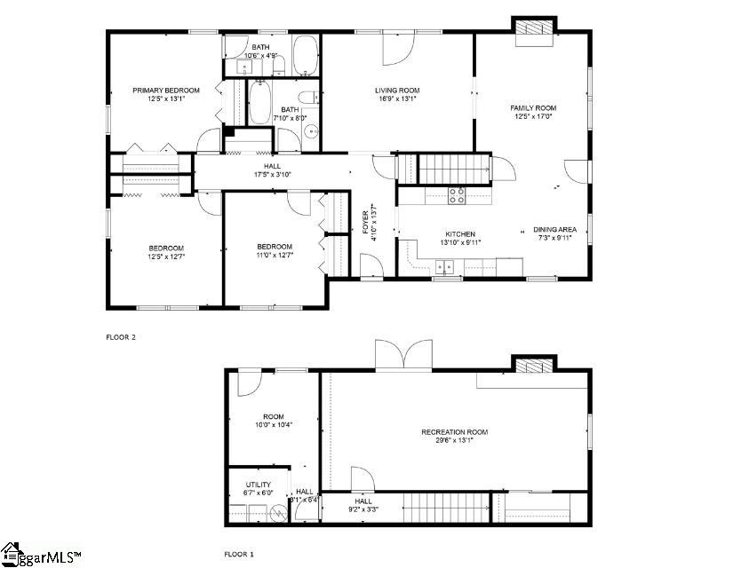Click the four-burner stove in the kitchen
point(457,195)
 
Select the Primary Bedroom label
point(166,90)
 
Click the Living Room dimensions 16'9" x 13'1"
point(396,99)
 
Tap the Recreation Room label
point(454,432)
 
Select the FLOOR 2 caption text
point(122,337)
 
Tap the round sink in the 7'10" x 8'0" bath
point(312,132)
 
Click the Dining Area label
point(554,229)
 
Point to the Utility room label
point(259,485)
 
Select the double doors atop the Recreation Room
point(403,356)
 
